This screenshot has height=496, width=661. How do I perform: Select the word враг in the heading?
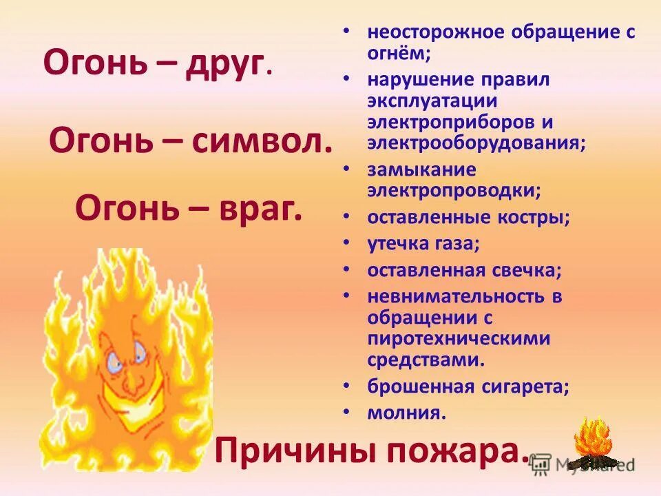pyautogui.click(x=261, y=205)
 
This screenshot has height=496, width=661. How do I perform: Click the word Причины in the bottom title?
pyautogui.click(x=290, y=452)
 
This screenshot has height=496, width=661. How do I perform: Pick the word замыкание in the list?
pyautogui.click(x=421, y=169)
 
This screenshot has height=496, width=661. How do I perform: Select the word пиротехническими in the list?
pyautogui.click(x=459, y=339)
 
